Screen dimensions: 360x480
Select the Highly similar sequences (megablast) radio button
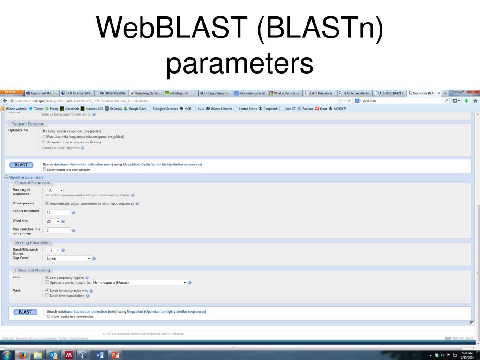[x=44, y=131]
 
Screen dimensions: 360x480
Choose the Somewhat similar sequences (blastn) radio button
[x=44, y=142]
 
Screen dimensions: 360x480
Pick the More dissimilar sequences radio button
[x=44, y=136]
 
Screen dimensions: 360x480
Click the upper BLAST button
[x=21, y=165]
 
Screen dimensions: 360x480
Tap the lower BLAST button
[x=25, y=312]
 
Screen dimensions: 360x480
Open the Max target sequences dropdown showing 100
[x=54, y=190]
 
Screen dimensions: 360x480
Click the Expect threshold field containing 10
[x=58, y=212]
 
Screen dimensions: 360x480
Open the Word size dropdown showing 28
[x=52, y=221]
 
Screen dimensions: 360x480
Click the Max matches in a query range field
[x=58, y=230]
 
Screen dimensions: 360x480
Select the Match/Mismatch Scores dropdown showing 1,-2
[x=52, y=250]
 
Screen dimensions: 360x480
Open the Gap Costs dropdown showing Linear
[x=68, y=258]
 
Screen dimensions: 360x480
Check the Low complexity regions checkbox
[x=47, y=277]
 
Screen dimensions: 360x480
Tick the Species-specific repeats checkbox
[x=47, y=282]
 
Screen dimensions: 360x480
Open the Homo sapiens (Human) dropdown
[x=139, y=283]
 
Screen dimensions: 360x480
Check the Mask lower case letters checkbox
[x=47, y=295]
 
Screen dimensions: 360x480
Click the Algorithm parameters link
[x=26, y=178]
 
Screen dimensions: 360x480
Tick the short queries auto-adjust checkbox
[x=47, y=203]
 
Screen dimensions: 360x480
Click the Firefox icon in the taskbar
[x=22, y=354]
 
